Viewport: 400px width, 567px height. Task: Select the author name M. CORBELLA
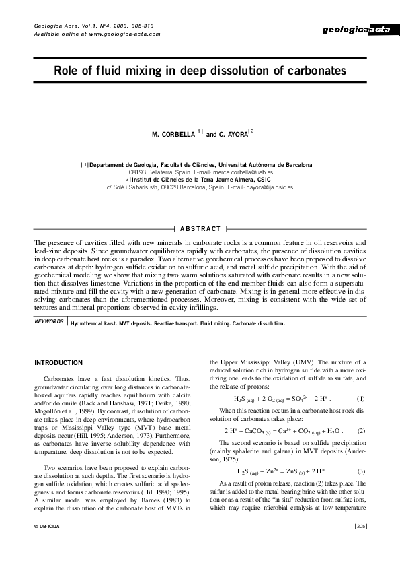pos(172,135)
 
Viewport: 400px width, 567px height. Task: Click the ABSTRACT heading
pos(200,229)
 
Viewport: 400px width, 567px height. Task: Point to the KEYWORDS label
pos(49,322)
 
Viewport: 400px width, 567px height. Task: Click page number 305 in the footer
pos(360,545)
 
